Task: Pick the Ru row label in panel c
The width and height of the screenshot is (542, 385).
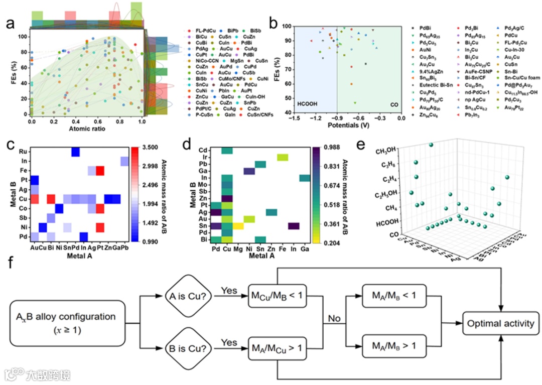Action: (x=24, y=151)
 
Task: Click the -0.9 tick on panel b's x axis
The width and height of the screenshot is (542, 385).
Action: (x=336, y=117)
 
